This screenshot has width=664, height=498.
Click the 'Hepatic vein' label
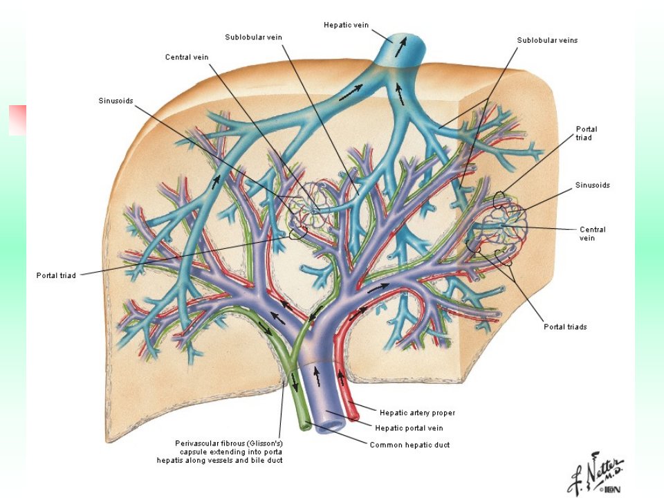coord(346,25)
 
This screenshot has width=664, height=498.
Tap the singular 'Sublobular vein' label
coord(253,37)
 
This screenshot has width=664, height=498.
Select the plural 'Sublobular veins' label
coord(547,40)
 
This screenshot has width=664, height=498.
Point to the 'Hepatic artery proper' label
coord(417,412)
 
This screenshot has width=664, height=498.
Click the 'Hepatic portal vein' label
coord(409,428)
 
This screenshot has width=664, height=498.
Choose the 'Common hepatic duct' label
coord(409,445)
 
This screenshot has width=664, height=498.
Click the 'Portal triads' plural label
coord(565,327)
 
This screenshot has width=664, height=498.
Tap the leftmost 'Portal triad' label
coord(56,276)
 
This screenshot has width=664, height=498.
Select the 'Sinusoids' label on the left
coord(116,101)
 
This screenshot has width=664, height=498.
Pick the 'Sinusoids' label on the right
coord(593,185)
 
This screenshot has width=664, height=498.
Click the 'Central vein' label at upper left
coord(187,57)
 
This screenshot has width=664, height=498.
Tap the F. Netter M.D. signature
coord(597,473)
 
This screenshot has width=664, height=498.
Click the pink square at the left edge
coord(17,120)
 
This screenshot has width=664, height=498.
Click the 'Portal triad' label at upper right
coord(587,133)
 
